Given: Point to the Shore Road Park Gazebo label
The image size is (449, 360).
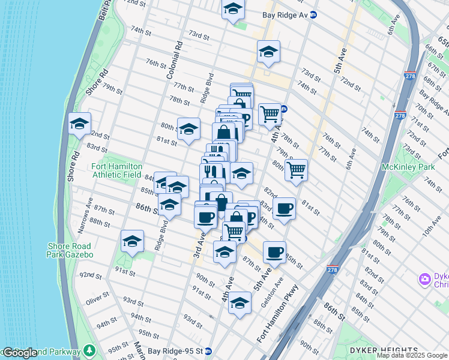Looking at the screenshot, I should [x=70, y=250].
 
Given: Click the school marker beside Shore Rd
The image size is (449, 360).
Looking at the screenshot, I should [x=79, y=124].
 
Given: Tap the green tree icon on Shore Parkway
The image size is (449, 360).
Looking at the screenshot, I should [x=90, y=350].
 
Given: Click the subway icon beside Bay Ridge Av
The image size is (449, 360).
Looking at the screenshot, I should [x=313, y=14].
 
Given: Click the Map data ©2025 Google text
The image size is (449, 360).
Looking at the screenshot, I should [x=412, y=355].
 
